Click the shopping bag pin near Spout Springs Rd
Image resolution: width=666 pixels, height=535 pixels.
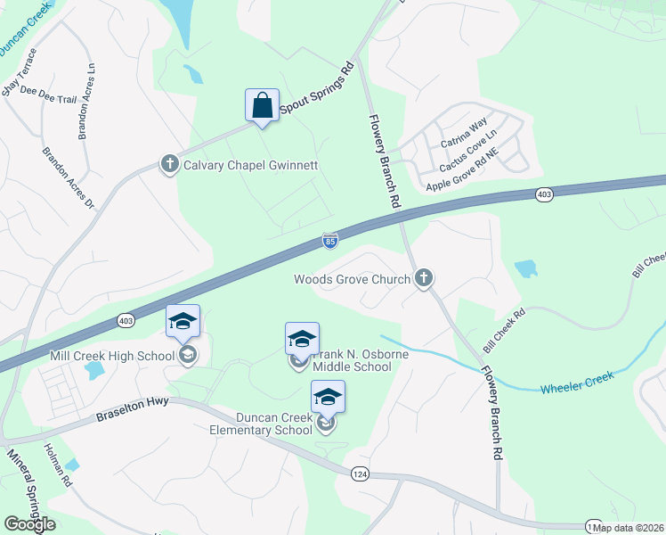tap(262, 105)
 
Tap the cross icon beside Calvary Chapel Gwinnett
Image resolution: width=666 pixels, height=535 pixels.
tap(169, 164)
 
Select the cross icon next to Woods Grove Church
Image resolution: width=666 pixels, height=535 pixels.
tap(424, 279)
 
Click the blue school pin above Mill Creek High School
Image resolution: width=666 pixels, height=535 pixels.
tap(183, 321)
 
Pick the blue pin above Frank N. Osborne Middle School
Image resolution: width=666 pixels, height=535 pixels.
tap(302, 339)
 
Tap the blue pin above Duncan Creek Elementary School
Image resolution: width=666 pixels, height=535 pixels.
tap(328, 398)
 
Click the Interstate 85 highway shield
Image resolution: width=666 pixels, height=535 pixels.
tap(330, 240)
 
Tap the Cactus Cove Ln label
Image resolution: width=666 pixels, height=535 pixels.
tap(467, 150)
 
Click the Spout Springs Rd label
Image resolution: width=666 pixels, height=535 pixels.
tap(318, 89)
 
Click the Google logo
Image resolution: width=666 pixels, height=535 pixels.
tap(30, 523)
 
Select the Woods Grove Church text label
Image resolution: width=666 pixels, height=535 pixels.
tap(353, 279)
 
